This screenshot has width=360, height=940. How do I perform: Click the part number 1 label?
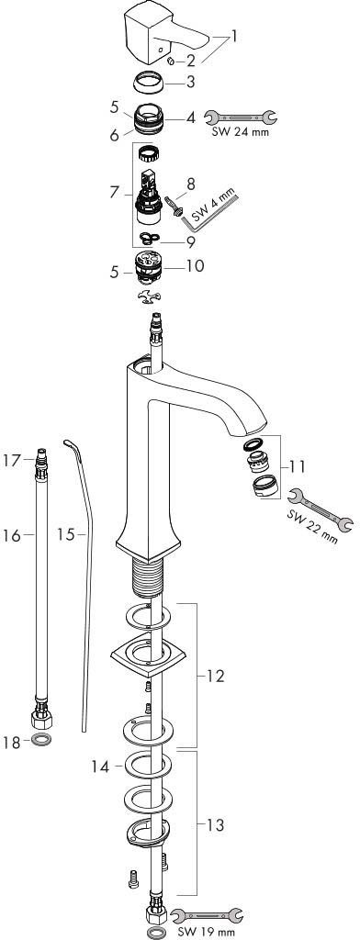pos(234,36)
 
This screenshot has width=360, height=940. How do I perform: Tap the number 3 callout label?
pos(190,82)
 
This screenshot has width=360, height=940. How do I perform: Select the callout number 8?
pos(191,184)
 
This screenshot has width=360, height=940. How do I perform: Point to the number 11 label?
pos(296,465)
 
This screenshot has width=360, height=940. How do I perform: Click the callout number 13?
pos(215,825)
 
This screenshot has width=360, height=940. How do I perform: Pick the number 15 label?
pos(67,533)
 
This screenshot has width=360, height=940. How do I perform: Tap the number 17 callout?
pos(12,461)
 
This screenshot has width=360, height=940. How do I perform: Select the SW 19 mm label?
pos(207,931)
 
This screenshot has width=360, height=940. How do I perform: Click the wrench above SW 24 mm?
pos(240,117)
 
